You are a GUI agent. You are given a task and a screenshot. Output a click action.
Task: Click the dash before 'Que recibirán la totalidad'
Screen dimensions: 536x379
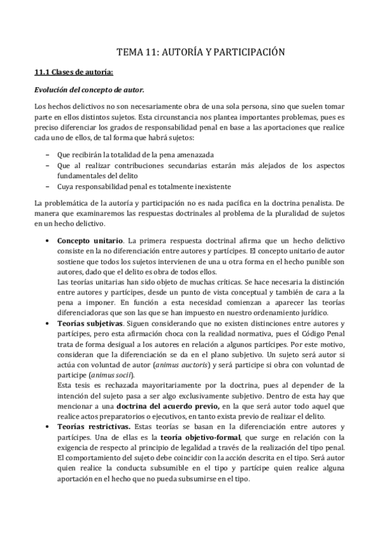49,155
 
